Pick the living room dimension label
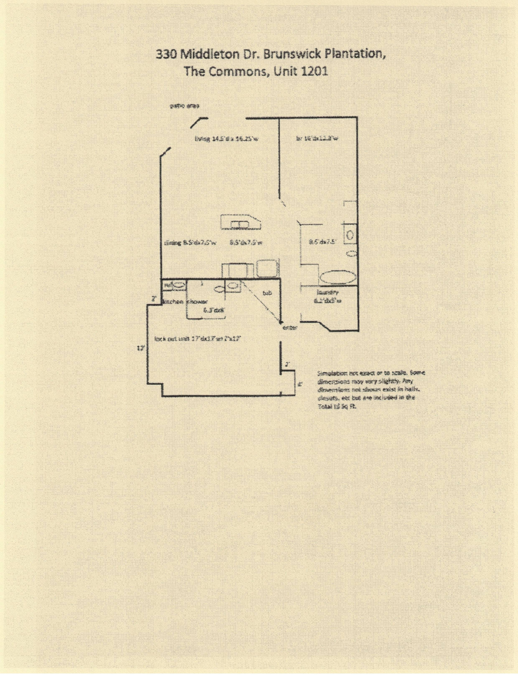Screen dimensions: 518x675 pyautogui.click(x=226, y=139)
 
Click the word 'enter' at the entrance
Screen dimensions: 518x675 pyautogui.click(x=290, y=328)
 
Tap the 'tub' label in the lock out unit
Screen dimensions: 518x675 pyautogui.click(x=267, y=293)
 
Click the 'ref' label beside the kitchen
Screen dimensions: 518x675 pyautogui.click(x=167, y=285)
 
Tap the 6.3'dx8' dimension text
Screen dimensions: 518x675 pyautogui.click(x=214, y=310)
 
